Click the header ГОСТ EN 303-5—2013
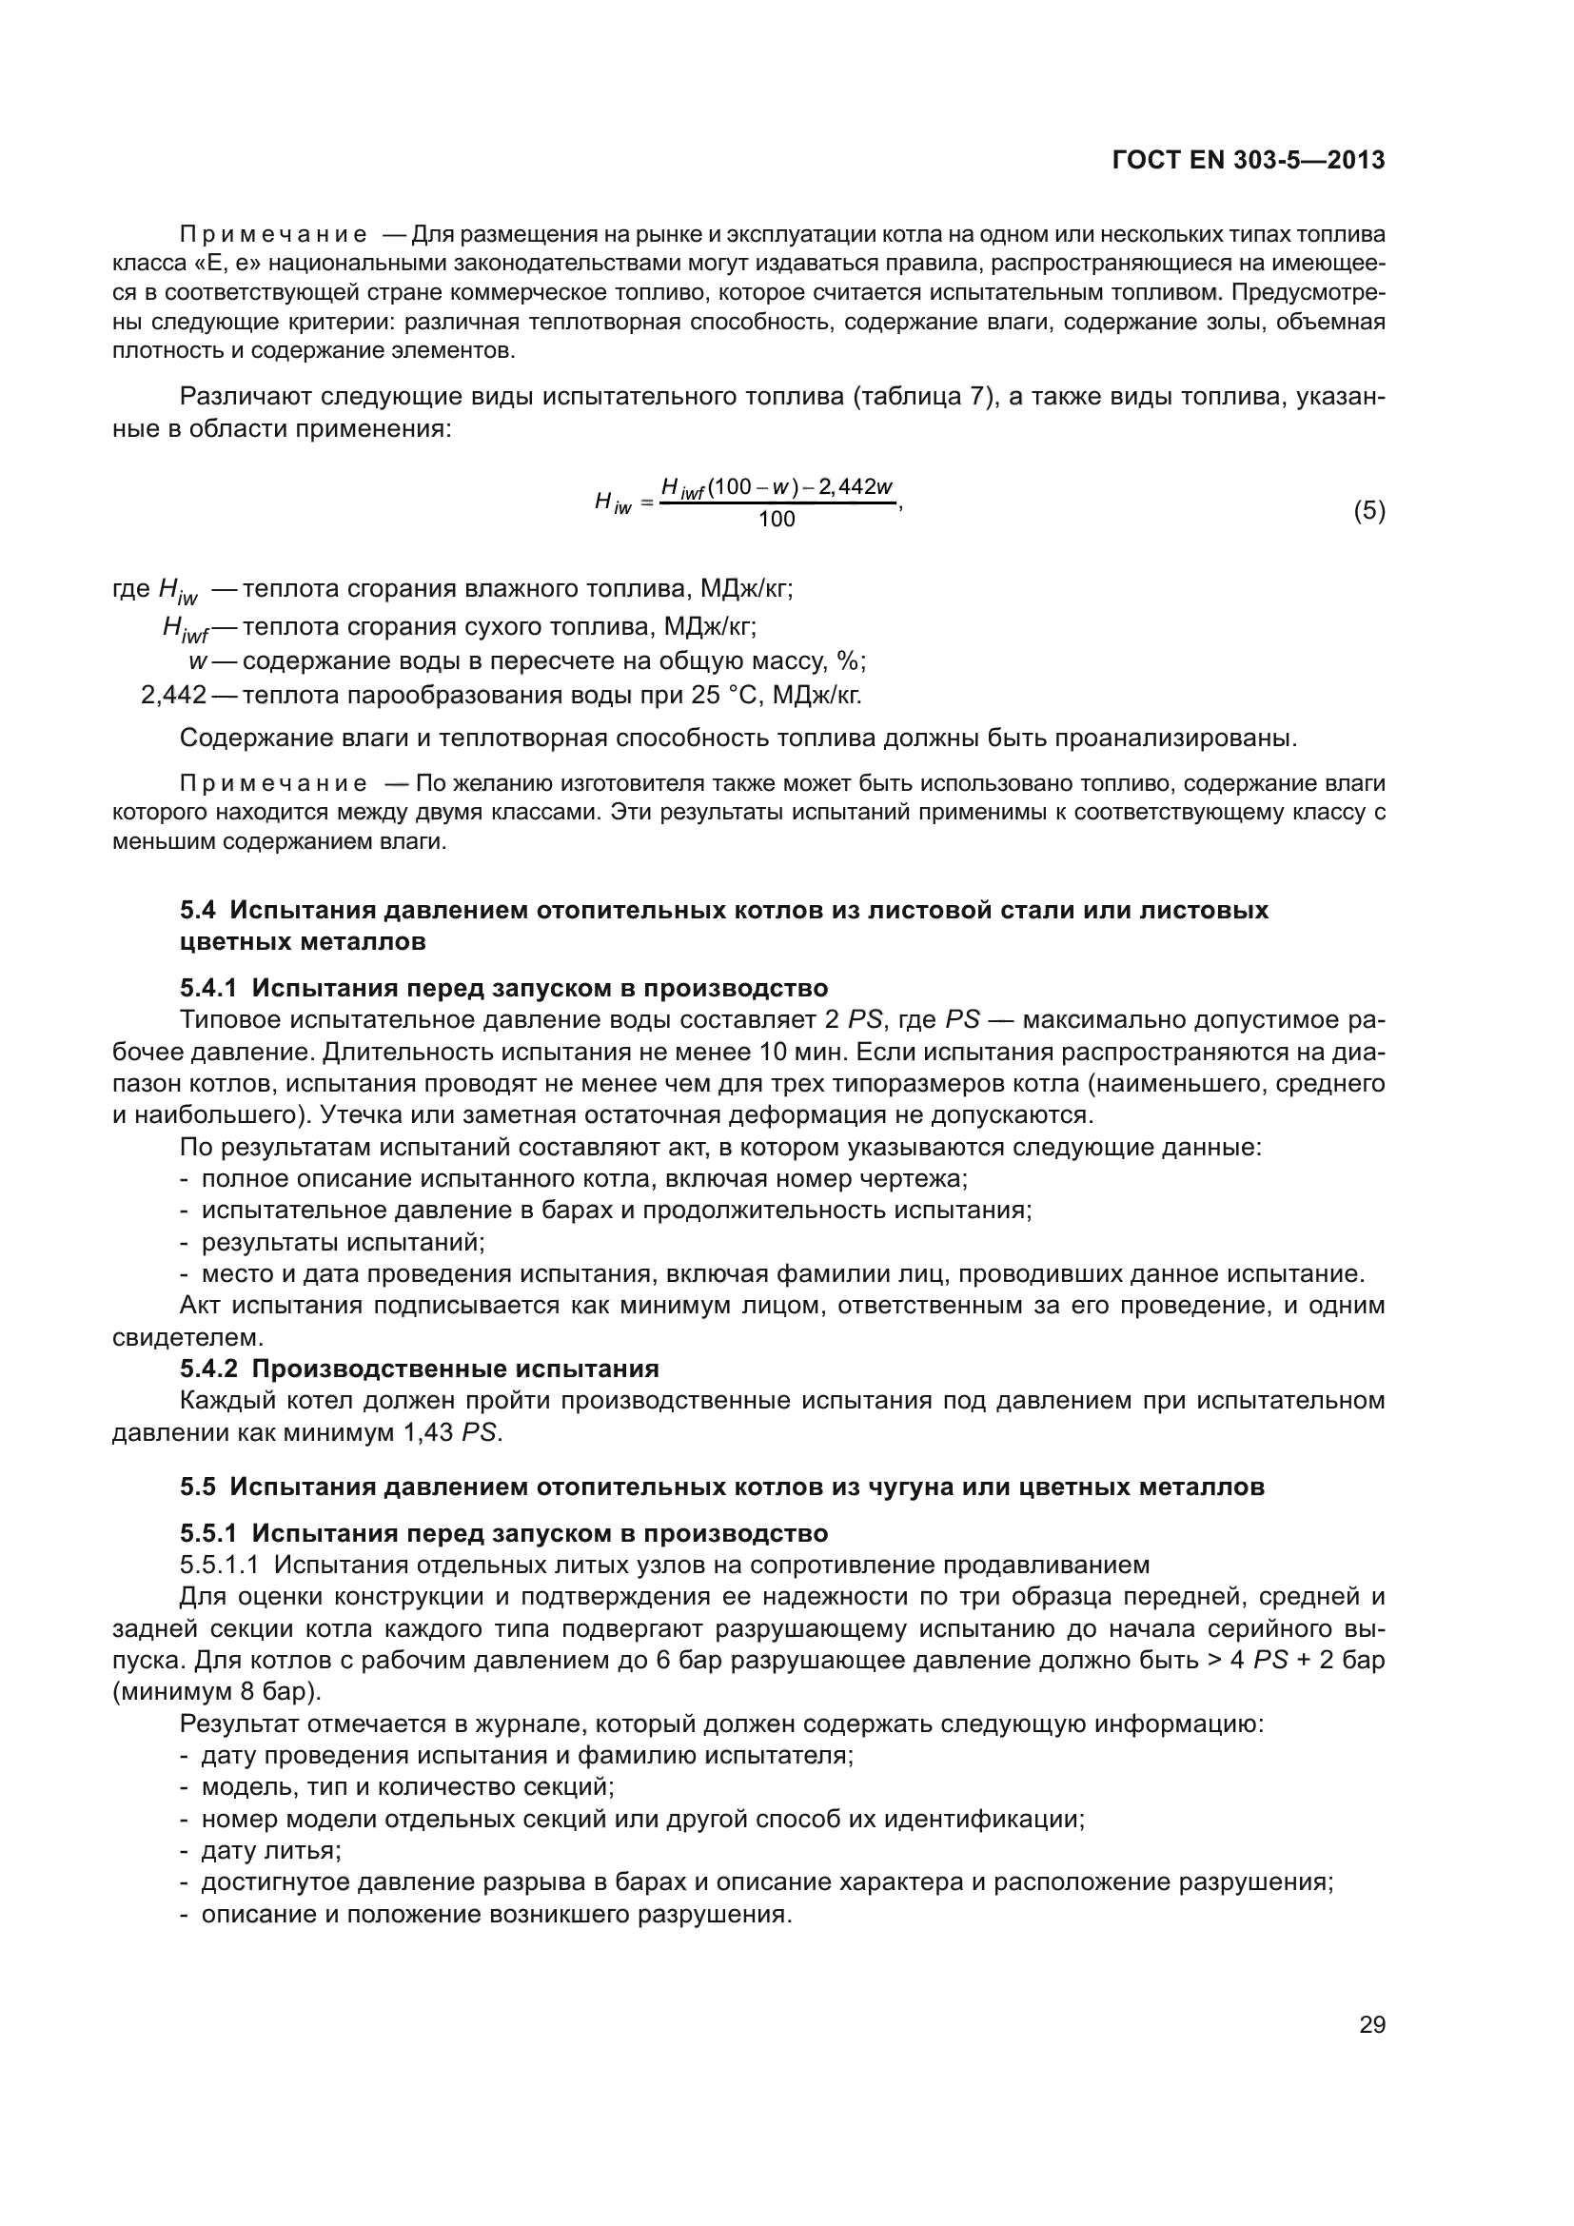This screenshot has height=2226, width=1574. click(1249, 160)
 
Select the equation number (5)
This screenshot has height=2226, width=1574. click(1368, 511)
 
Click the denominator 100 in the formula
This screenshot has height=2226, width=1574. click(777, 520)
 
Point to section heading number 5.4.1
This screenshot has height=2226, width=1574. click(208, 988)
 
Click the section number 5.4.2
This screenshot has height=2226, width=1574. click(208, 1369)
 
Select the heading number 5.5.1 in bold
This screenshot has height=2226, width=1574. click(208, 1533)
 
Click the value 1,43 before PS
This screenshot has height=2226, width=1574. click(427, 1432)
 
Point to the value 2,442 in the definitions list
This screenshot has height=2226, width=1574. click(173, 695)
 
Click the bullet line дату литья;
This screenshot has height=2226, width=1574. click(270, 1851)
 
